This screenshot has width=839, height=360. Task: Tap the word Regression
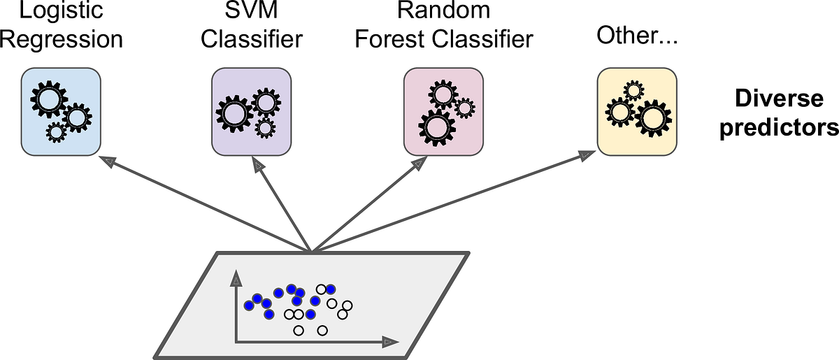pos(62,39)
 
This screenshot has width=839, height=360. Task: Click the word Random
pos(443,12)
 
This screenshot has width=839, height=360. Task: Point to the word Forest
pos(387,39)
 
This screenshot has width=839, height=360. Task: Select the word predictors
pos(778,128)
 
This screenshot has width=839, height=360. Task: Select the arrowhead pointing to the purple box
pos(259,165)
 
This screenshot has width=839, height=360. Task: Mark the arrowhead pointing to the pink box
pos(418,164)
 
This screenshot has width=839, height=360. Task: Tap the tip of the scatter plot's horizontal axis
pos(390,343)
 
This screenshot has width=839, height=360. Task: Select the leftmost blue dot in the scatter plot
pos(248,305)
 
